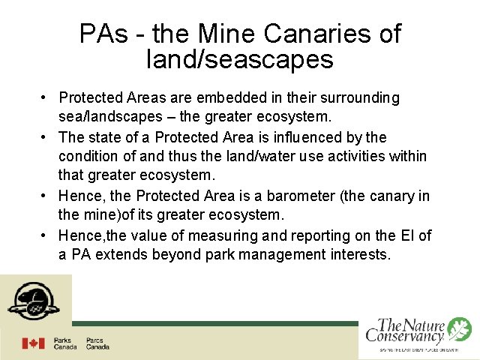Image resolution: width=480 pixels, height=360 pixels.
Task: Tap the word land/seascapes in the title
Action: click(240, 59)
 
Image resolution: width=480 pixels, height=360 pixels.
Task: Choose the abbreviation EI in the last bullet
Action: click(406, 235)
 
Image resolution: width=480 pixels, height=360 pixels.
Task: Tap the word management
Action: click(284, 255)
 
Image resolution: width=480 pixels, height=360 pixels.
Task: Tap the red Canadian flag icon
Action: click(33, 343)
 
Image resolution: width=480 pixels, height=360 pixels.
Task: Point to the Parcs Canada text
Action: click(97, 343)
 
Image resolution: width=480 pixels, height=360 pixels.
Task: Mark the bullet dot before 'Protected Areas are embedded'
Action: click(46, 98)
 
